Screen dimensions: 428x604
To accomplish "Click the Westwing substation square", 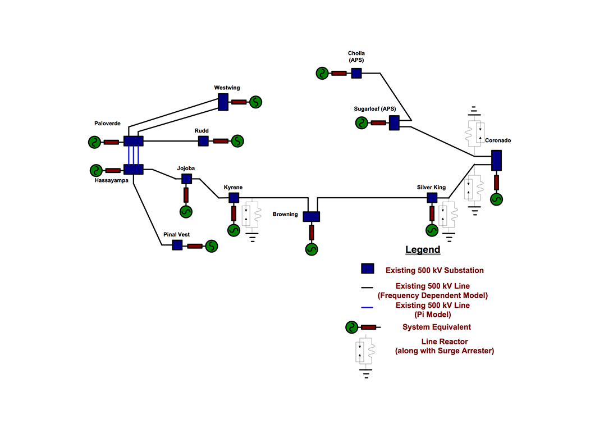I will tap(223, 102).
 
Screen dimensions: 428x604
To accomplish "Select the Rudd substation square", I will tap(203, 140).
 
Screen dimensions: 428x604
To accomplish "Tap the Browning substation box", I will tap(311, 216).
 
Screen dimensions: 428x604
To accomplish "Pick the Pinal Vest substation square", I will tap(177, 245).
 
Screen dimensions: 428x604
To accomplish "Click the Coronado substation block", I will tap(496, 160).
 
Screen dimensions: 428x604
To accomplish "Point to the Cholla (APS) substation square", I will tap(356, 72).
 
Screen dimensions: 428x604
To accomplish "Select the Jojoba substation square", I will tap(186, 179).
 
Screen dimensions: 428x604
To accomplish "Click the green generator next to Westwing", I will tap(256, 102).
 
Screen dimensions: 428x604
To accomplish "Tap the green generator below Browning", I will tap(312, 249).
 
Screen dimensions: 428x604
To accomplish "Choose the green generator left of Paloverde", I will tap(94, 142).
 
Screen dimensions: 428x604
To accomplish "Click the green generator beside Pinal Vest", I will tap(212, 245).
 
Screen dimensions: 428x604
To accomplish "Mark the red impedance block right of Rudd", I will tap(221, 141).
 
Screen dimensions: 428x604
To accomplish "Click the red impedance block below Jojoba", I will tap(186, 194).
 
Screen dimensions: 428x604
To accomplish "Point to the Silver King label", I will tap(431, 187).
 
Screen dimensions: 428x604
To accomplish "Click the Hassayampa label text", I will tap(111, 180).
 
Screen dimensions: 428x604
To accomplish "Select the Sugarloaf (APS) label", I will tap(374, 109).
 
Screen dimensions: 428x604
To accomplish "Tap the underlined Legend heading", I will tap(423, 250).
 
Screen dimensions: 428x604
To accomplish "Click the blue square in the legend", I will tap(367, 269).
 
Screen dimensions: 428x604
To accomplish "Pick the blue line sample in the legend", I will tap(367, 307).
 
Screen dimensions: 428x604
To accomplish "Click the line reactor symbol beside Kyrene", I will tap(251, 215).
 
